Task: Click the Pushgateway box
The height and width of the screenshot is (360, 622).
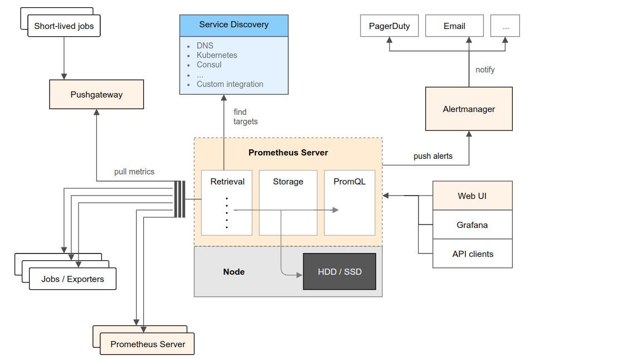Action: tap(96, 94)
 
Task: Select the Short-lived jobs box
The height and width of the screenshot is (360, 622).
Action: tap(64, 26)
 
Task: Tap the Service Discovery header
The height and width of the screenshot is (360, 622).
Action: tap(234, 25)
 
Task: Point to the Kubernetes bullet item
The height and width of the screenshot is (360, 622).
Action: tap(217, 55)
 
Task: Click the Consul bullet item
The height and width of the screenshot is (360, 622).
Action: tap(209, 65)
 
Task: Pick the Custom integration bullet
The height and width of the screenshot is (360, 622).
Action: tap(230, 84)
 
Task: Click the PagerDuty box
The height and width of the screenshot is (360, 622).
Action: tap(389, 26)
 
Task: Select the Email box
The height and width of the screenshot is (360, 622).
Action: tap(454, 26)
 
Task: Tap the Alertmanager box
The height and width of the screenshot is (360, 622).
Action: tap(469, 109)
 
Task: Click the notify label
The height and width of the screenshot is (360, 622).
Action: tap(485, 70)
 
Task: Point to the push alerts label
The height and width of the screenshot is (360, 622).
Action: tap(433, 156)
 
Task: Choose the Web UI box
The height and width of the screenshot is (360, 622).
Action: tap(472, 196)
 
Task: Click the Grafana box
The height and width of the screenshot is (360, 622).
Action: tap(472, 225)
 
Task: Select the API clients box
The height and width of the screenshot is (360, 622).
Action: tap(472, 254)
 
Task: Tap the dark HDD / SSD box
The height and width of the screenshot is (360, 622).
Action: tap(339, 272)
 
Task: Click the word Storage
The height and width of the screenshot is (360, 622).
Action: tap(288, 182)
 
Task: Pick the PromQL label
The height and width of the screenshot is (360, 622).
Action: tap(349, 182)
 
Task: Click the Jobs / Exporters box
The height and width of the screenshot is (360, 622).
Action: tap(72, 279)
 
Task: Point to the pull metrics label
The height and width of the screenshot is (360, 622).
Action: tap(134, 172)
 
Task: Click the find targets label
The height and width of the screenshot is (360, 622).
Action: tap(245, 117)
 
